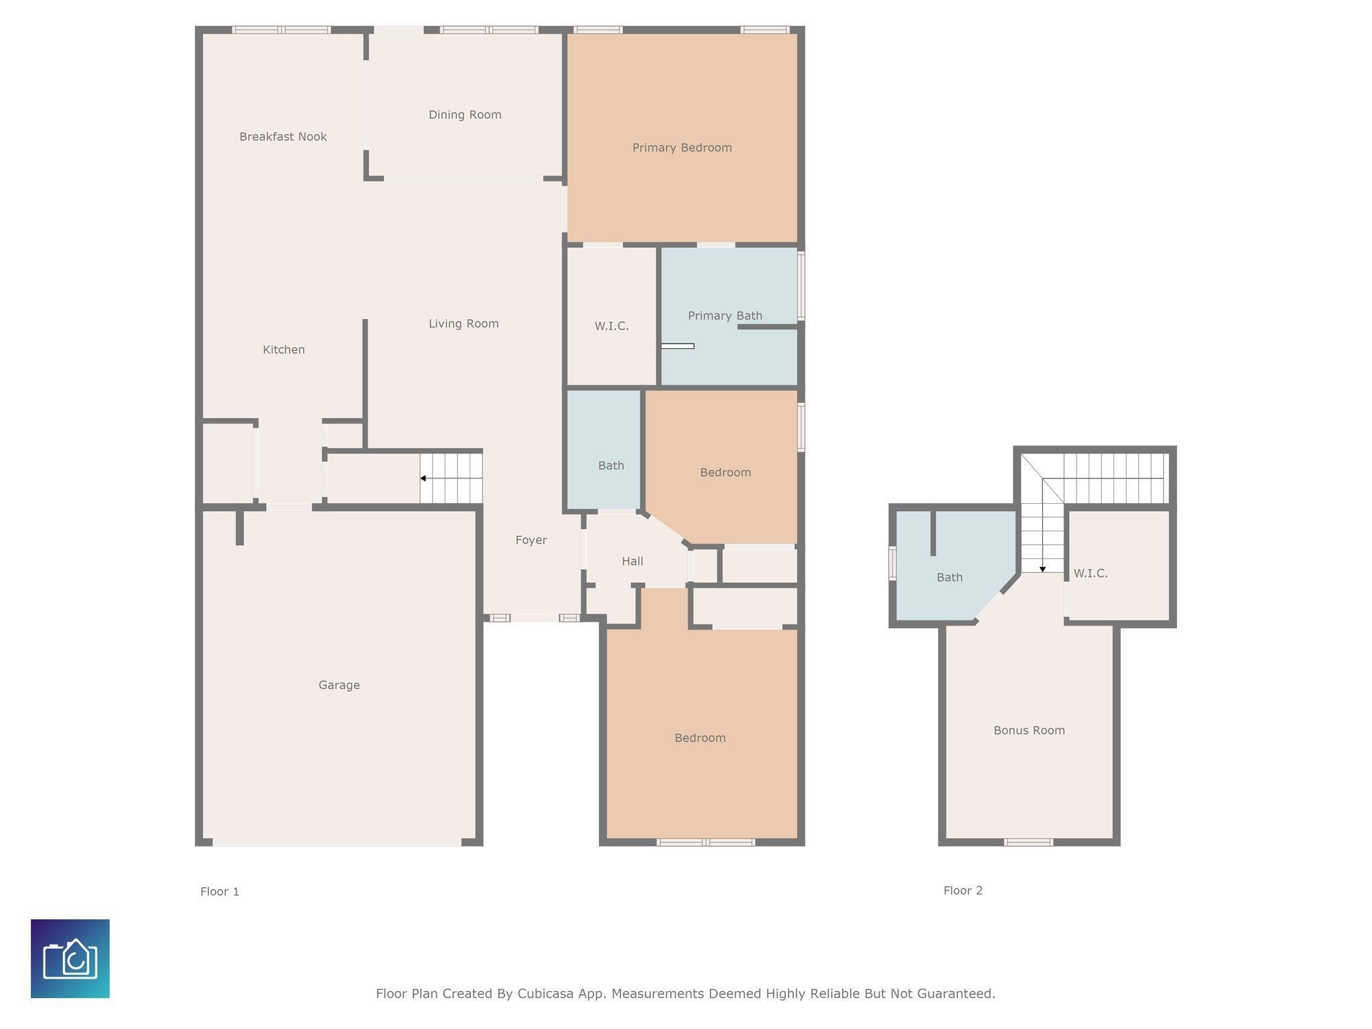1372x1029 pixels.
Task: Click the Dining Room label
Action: [x=465, y=115]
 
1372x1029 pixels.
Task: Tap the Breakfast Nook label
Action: [x=283, y=137]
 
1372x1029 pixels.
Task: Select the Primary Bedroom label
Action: [x=682, y=147]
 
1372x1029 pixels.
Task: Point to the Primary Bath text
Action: [x=725, y=316]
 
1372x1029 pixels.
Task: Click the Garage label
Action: [x=339, y=685]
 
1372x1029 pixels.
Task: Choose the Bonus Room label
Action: [x=1029, y=730]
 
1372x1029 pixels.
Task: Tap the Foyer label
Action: [x=531, y=540]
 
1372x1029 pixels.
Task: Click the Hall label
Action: [x=632, y=561]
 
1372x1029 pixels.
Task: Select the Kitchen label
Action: [x=283, y=350]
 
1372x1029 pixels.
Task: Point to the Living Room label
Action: [x=464, y=324]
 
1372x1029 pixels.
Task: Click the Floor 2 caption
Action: [x=963, y=890]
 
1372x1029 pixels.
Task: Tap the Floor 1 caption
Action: [x=220, y=892]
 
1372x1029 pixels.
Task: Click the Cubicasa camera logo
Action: [x=70, y=959]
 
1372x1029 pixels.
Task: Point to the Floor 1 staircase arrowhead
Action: [x=423, y=478]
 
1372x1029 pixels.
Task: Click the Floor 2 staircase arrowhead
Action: [x=1042, y=569]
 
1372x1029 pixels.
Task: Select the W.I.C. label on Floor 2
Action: [x=1091, y=573]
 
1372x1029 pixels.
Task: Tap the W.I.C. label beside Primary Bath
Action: [x=612, y=326]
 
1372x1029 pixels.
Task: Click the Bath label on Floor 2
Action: [x=949, y=577]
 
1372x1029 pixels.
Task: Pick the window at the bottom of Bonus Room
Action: [x=1028, y=842]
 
